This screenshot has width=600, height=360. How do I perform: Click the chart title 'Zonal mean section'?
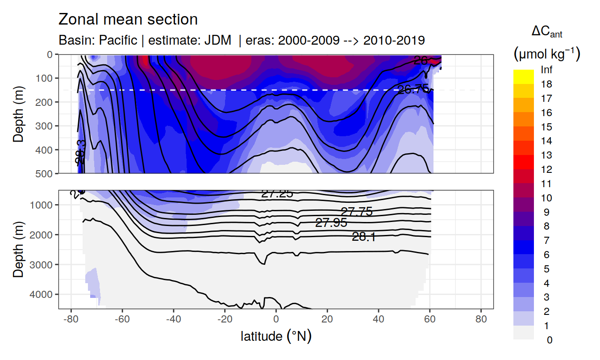click(128, 20)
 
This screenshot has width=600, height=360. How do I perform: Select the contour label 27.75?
click(357, 212)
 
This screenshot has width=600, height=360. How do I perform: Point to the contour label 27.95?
click(331, 223)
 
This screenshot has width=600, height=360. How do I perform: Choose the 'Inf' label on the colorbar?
click(546, 70)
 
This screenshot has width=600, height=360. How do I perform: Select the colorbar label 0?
click(549, 340)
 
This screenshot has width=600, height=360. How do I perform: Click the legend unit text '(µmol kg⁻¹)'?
click(546, 54)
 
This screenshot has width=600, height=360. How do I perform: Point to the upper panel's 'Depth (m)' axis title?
click(18, 114)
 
